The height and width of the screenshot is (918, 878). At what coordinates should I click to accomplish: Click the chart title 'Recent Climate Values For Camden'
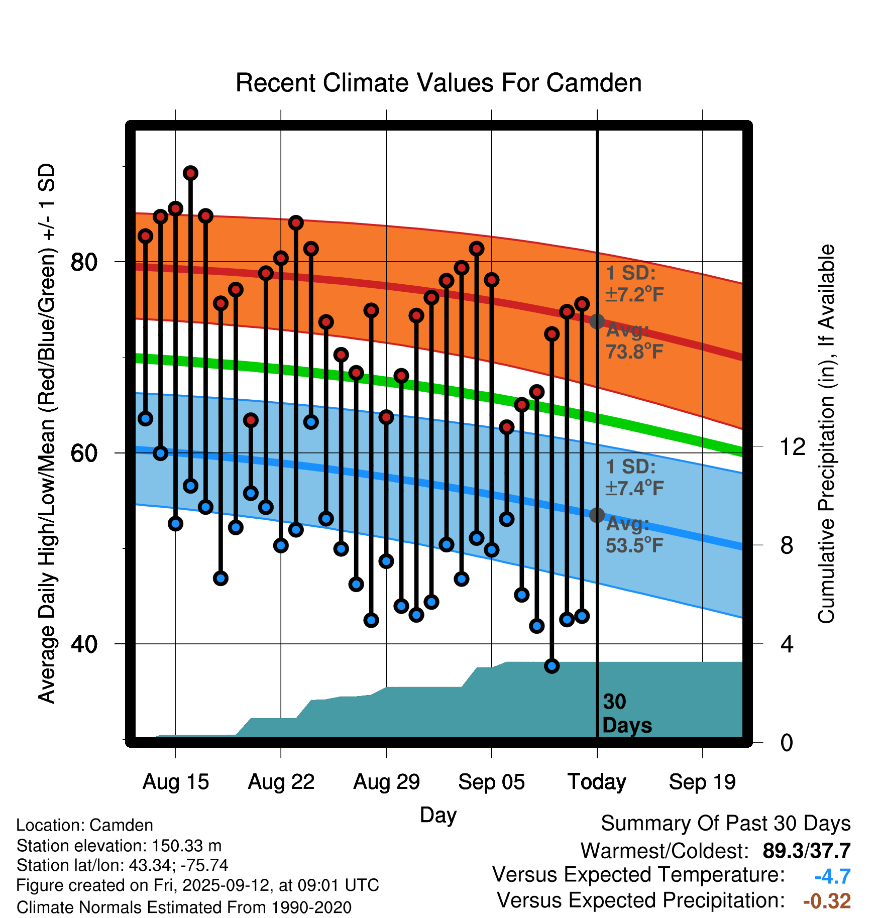tap(438, 83)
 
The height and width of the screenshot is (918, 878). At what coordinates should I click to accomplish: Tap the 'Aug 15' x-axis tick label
tap(175, 782)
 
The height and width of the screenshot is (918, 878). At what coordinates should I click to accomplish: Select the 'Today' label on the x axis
tap(597, 782)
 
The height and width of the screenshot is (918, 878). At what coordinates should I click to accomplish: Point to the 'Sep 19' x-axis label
tap(702, 782)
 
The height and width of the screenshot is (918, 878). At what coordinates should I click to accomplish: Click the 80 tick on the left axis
tap(84, 262)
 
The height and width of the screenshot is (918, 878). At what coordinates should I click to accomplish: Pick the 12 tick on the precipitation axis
tap(793, 446)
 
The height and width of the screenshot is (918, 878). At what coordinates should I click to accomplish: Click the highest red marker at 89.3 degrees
tap(190, 173)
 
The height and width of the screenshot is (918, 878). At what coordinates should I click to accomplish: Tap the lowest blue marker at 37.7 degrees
tap(552, 666)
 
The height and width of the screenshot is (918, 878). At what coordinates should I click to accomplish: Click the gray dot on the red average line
tap(597, 321)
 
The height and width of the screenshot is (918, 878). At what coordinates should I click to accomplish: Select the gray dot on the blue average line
tap(597, 515)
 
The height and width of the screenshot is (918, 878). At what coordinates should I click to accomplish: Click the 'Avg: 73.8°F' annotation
tap(634, 341)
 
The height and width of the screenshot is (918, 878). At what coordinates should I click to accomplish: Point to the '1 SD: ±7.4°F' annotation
tap(634, 478)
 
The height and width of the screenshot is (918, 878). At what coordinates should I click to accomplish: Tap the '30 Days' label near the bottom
tap(626, 714)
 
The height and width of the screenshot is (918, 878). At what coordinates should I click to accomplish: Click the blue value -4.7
tap(832, 876)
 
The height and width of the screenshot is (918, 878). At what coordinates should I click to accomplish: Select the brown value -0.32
tap(827, 901)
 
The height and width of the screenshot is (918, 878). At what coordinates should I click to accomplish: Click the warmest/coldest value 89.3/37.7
tap(806, 851)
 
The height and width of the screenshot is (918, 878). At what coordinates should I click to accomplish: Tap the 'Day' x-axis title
tap(438, 815)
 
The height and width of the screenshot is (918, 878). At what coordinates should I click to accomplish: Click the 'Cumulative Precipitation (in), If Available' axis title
tap(826, 434)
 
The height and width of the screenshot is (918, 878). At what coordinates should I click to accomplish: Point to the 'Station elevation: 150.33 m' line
tap(119, 846)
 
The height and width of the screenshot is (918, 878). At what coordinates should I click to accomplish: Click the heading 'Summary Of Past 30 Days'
tap(725, 824)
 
